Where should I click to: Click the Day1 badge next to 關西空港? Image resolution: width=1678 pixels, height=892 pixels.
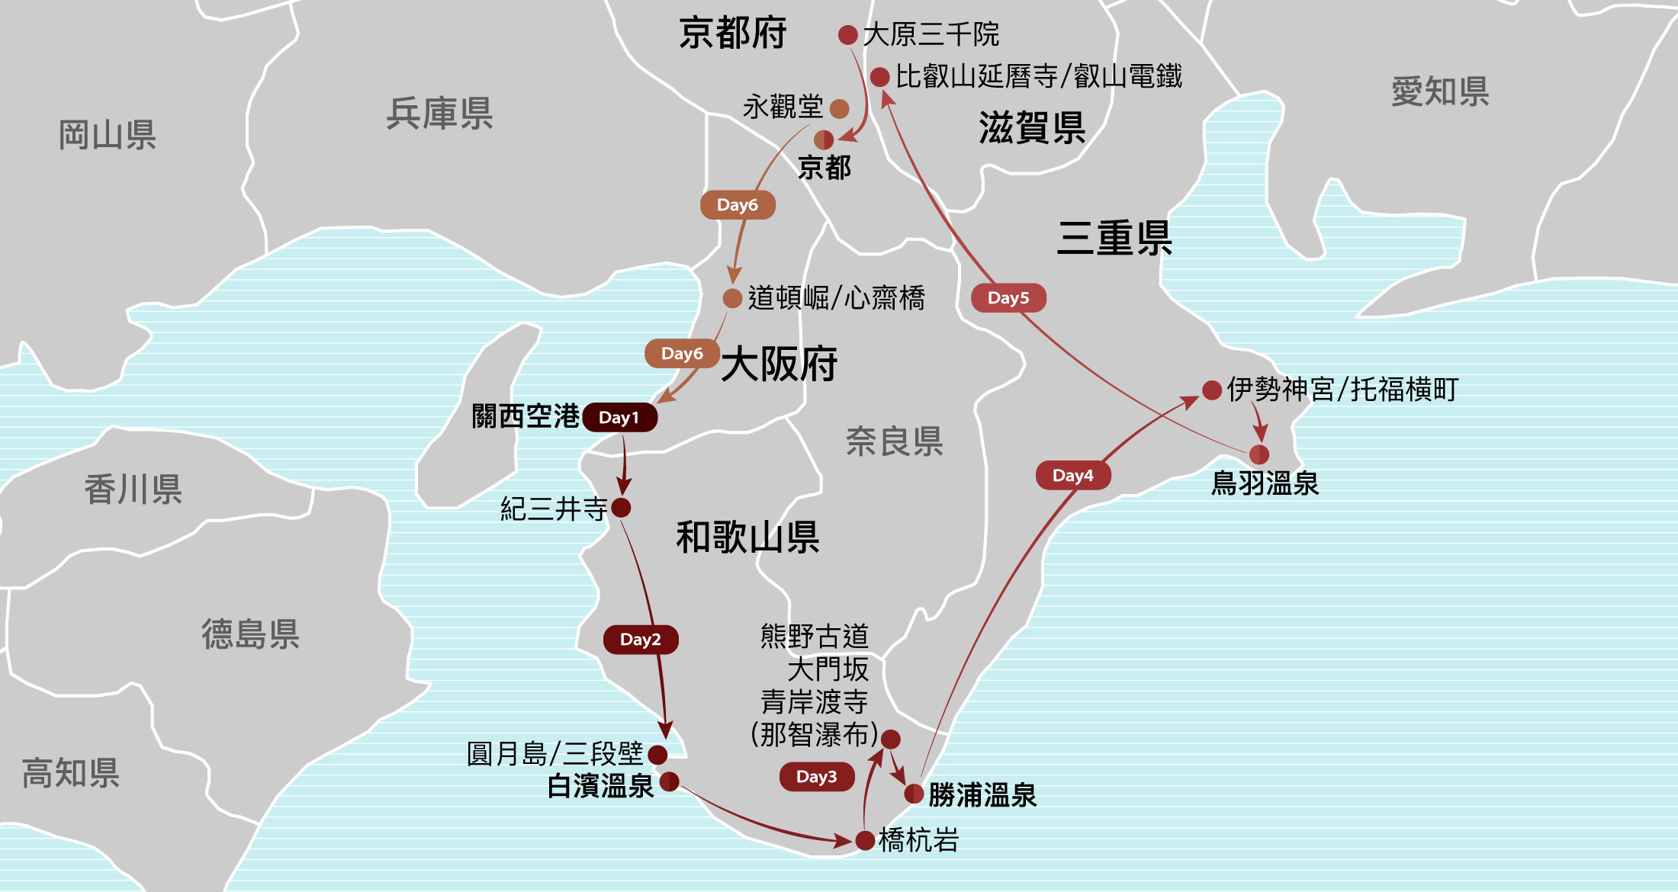pyautogui.click(x=619, y=418)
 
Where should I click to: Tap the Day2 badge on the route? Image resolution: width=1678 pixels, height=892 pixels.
pyautogui.click(x=641, y=640)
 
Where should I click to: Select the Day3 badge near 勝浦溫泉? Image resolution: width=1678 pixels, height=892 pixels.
pyautogui.click(x=816, y=777)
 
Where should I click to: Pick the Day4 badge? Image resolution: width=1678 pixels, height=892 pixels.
pyautogui.click(x=1072, y=476)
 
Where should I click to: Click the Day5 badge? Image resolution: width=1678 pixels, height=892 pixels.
pyautogui.click(x=1008, y=298)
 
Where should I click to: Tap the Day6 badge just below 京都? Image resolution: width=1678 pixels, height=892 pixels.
pyautogui.click(x=738, y=205)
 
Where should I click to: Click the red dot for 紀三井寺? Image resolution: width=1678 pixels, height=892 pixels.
pyautogui.click(x=622, y=508)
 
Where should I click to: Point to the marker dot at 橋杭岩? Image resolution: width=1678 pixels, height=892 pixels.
pyautogui.click(x=865, y=841)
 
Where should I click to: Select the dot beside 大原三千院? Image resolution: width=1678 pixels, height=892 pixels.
pyautogui.click(x=847, y=35)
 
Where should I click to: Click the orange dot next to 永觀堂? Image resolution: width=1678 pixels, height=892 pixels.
pyautogui.click(x=839, y=109)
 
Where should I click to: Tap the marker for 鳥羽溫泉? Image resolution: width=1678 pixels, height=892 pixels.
pyautogui.click(x=1259, y=455)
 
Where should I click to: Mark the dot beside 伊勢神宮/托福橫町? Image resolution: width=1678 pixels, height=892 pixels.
pyautogui.click(x=1212, y=390)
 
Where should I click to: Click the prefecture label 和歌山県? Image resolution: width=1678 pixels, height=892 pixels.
pyautogui.click(x=747, y=537)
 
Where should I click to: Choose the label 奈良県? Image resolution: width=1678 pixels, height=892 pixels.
pyautogui.click(x=894, y=441)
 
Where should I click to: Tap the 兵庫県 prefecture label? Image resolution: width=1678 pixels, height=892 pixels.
pyautogui.click(x=439, y=114)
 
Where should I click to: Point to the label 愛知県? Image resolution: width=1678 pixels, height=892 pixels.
pyautogui.click(x=1440, y=92)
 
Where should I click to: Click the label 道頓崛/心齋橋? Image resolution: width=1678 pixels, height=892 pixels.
pyautogui.click(x=836, y=298)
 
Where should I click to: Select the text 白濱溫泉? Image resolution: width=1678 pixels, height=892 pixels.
pyautogui.click(x=600, y=786)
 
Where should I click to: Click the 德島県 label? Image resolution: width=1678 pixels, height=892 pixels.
pyautogui.click(x=250, y=634)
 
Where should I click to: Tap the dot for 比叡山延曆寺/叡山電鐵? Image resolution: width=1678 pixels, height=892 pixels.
pyautogui.click(x=879, y=77)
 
